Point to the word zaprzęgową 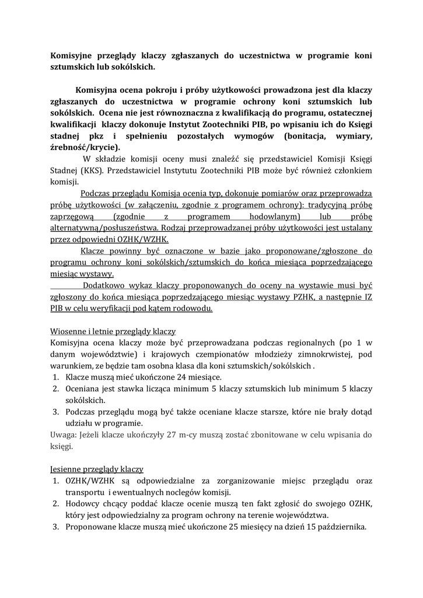[x=72, y=218]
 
